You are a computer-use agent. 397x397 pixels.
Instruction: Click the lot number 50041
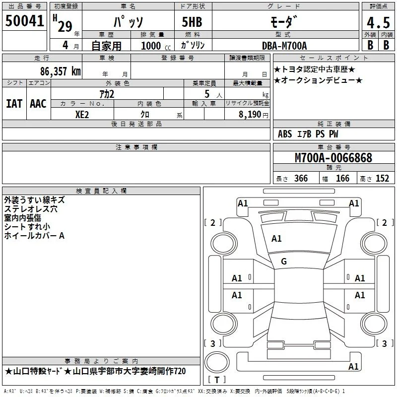24,21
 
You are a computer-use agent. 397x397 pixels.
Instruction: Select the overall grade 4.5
378,23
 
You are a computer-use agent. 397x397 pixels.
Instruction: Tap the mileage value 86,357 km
60,71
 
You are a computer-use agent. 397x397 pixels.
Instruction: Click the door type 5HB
192,22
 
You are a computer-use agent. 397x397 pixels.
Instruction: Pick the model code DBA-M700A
284,46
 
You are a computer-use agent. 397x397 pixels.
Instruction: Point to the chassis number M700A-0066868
333,158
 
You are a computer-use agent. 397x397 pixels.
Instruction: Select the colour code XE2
82,115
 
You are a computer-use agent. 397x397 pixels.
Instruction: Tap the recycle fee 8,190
250,114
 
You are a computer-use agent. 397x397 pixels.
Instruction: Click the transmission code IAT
14,104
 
